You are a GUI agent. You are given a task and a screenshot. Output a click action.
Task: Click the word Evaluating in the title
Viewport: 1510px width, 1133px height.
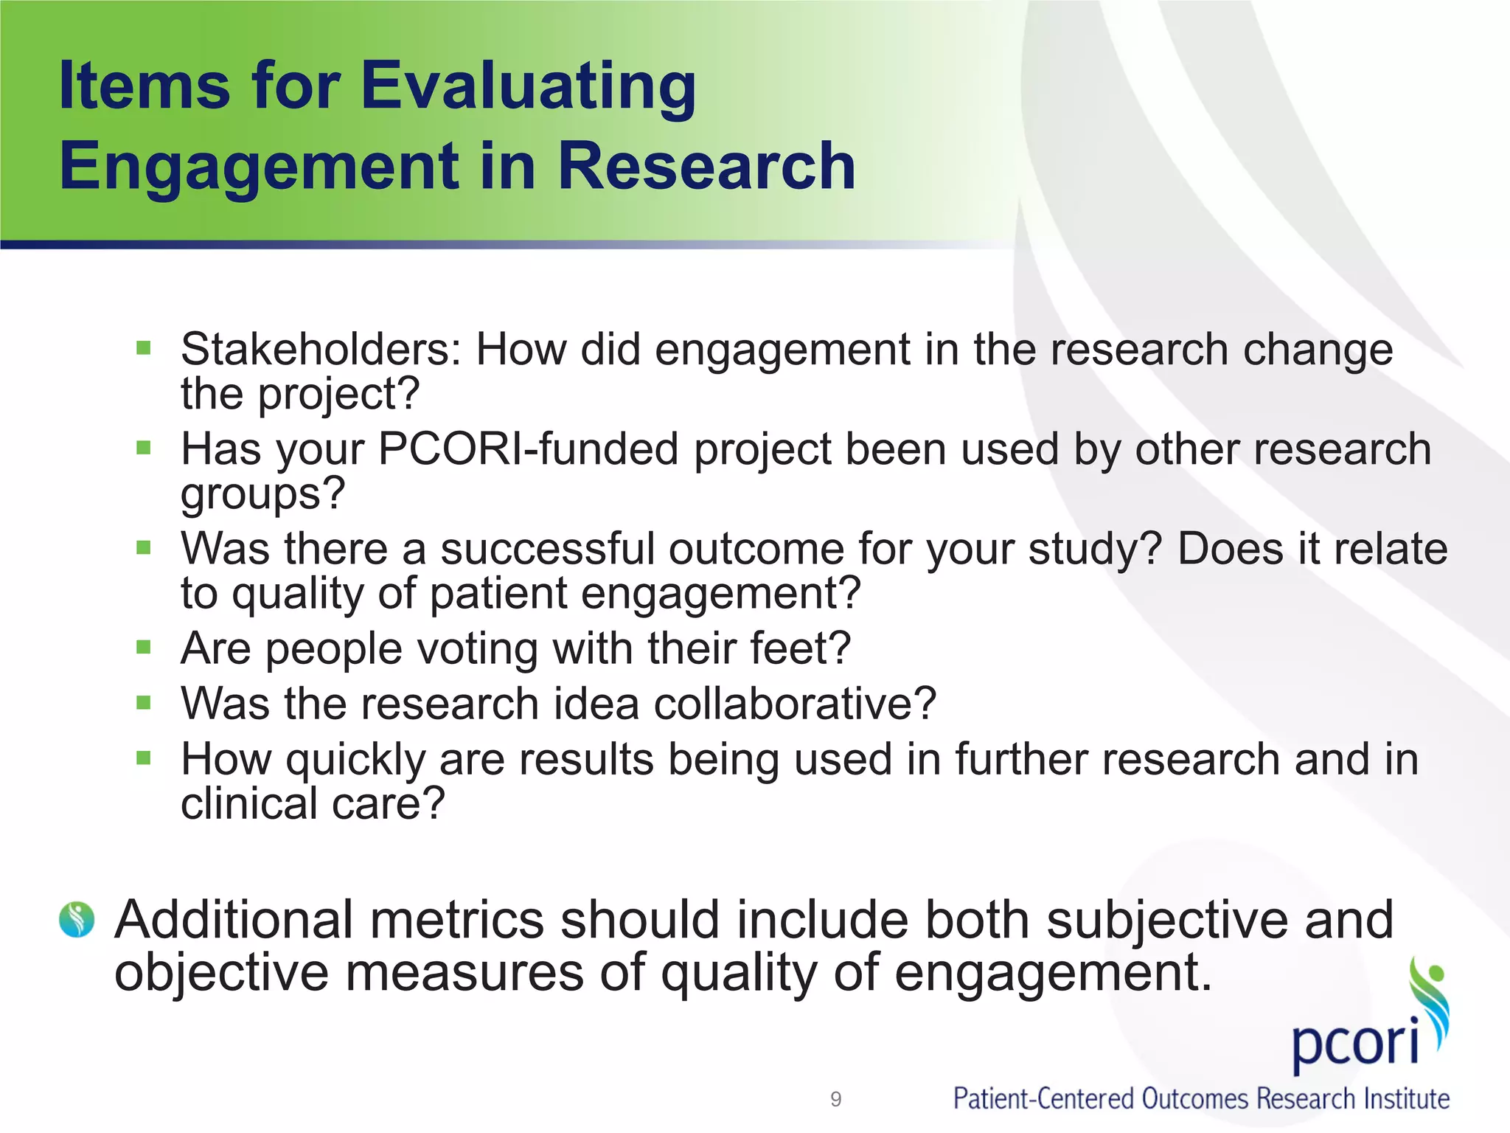point(528,87)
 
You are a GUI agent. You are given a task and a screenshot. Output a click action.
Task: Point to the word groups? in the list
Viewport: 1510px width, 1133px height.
point(263,493)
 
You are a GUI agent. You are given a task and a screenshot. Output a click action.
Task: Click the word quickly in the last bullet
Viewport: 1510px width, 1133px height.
point(356,760)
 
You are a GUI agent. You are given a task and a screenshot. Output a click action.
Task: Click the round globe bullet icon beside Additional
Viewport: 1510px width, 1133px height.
point(77,920)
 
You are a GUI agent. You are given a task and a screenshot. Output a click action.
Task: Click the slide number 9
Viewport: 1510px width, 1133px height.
point(835,1099)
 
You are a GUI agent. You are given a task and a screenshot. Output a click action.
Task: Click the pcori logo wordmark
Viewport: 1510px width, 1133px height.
point(1355,1042)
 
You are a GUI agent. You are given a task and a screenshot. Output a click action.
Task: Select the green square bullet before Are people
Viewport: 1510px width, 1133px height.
point(144,648)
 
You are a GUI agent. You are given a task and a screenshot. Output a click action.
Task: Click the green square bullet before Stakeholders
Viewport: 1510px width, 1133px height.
point(144,347)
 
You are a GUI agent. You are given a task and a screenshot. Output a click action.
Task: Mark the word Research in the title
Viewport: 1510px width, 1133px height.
point(706,167)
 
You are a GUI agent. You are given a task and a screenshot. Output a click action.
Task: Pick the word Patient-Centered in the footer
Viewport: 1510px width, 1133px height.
point(1043,1099)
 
